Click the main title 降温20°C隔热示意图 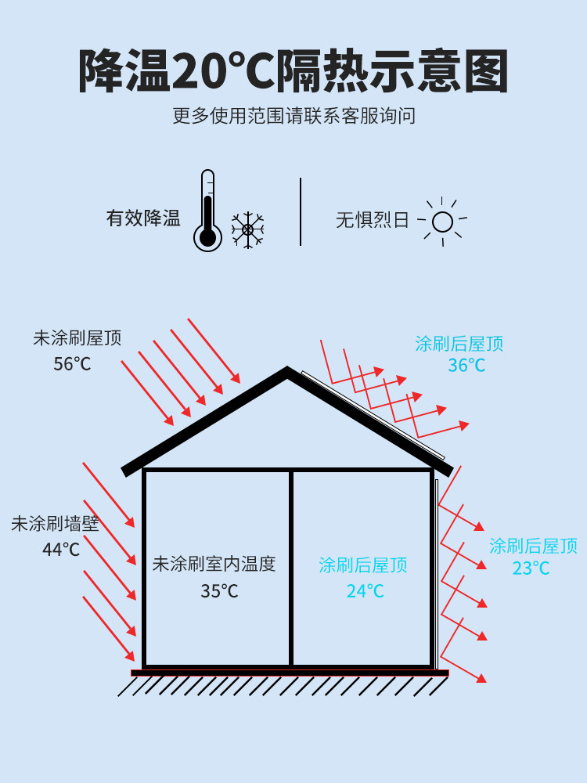(293, 72)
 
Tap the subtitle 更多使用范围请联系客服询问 (293, 117)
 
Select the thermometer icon (207, 211)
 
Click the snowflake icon (247, 229)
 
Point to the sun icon (442, 222)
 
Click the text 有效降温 (143, 218)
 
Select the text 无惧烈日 (373, 220)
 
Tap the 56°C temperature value (72, 364)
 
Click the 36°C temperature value (466, 366)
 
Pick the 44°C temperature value (61, 550)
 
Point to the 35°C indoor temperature (219, 591)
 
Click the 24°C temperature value (366, 591)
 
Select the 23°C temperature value (531, 568)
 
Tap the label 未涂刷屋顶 (77, 338)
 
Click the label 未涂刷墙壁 (56, 524)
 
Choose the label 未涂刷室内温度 (214, 564)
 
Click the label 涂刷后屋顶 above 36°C (459, 343)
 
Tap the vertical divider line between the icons (301, 211)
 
